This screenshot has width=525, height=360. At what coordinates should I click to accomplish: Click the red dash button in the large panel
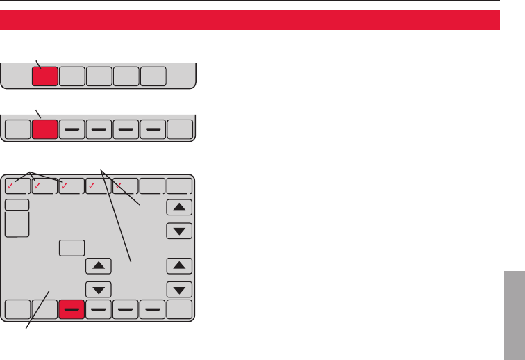pyautogui.click(x=72, y=309)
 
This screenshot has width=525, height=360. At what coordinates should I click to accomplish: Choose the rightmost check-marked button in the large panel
pyautogui.click(x=126, y=186)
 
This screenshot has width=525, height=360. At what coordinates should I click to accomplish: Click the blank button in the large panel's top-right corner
pyautogui.click(x=181, y=186)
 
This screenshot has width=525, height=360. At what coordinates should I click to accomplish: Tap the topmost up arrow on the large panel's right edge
pyautogui.click(x=181, y=207)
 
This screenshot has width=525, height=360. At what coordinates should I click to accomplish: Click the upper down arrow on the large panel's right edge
pyautogui.click(x=181, y=229)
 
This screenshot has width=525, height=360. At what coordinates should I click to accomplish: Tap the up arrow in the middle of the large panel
pyautogui.click(x=99, y=265)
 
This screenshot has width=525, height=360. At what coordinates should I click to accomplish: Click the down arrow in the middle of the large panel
pyautogui.click(x=99, y=288)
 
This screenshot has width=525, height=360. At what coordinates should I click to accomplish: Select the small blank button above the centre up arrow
pyautogui.click(x=72, y=247)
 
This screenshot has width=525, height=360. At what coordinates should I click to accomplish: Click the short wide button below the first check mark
pyautogui.click(x=18, y=204)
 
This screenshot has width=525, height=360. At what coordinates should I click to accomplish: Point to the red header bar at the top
pyautogui.click(x=250, y=20)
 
